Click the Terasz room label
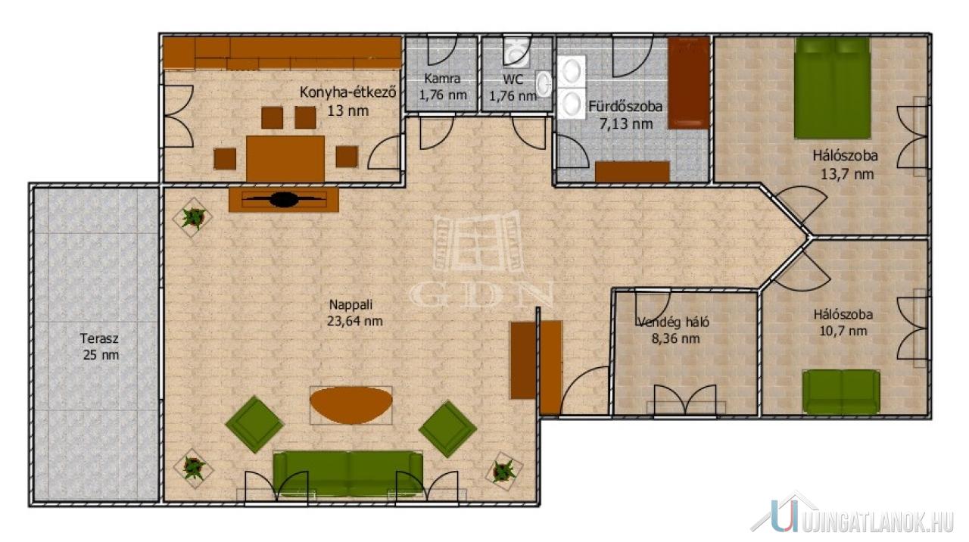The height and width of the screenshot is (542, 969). (98, 338)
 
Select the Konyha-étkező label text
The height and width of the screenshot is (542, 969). (347, 92)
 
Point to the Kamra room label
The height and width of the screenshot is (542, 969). (442, 79)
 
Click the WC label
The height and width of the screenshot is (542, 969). (513, 79)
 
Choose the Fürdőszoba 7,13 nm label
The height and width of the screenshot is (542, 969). (625, 115)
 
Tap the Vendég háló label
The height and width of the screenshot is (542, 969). (674, 322)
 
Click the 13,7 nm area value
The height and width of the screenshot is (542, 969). (846, 174)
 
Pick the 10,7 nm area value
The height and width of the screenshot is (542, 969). (843, 332)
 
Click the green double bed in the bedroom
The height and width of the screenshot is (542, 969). (833, 89)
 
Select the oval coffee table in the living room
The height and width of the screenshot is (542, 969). (351, 405)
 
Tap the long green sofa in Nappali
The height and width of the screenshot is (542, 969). (348, 474)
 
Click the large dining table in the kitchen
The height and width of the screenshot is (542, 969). (285, 159)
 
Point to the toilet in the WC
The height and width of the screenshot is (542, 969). (517, 51)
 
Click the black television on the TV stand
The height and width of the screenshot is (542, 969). (284, 199)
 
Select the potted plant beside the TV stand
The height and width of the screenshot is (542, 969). (192, 217)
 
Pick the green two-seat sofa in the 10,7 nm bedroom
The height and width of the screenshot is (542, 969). (841, 392)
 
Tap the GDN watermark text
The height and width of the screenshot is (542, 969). (481, 295)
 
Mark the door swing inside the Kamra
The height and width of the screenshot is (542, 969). (442, 51)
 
